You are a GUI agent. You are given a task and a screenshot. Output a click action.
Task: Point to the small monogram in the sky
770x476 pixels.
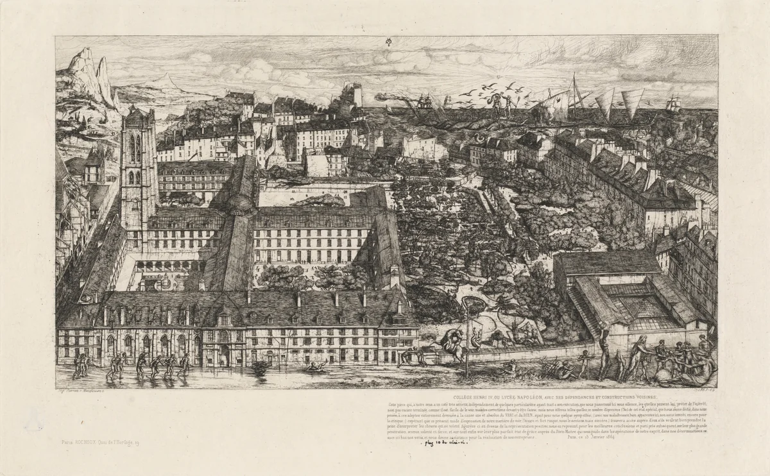tap(387, 42)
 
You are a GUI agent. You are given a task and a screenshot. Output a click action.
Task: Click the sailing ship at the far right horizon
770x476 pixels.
tap(673, 103)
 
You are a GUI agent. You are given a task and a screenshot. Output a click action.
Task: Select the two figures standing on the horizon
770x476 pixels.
tap(500, 103)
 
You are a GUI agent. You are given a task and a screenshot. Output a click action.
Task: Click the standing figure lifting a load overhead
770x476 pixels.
tap(603, 350)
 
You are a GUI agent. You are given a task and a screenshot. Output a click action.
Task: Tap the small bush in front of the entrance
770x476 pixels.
tap(261, 367)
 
